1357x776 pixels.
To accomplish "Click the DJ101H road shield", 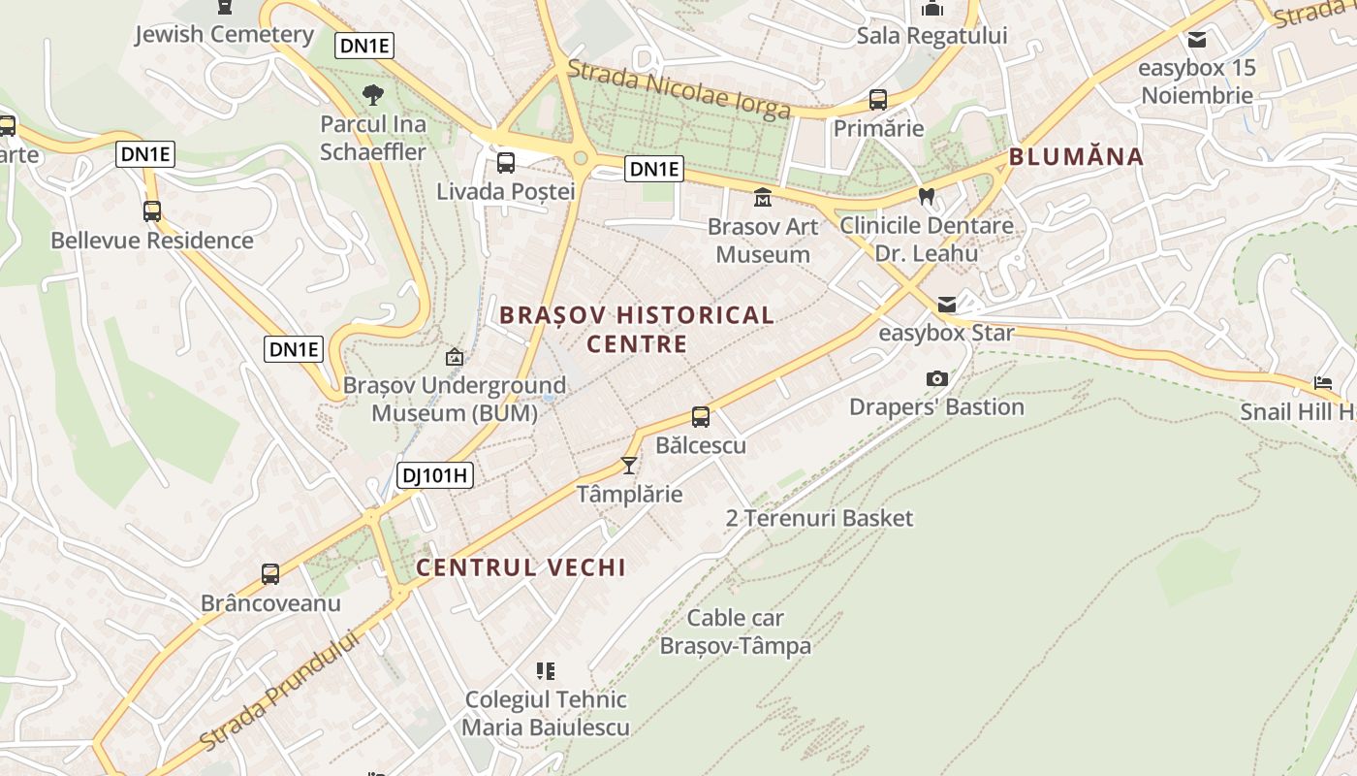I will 434,475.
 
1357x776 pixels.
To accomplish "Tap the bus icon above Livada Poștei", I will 505,163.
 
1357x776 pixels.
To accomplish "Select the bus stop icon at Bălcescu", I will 701,418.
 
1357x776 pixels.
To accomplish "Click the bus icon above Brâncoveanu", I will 270,574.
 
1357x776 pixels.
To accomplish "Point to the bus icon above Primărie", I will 877,100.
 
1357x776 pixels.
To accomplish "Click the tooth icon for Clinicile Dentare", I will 926,197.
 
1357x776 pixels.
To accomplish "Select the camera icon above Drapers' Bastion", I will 936,379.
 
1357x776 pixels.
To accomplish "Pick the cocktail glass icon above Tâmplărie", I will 629,467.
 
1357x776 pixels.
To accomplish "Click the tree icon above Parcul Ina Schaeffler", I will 372,95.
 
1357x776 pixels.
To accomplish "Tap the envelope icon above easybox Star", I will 946,306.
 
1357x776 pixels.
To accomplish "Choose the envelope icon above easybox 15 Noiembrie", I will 1197,40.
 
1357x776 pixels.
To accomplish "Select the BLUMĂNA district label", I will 1076,157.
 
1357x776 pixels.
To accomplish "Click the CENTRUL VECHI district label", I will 521,568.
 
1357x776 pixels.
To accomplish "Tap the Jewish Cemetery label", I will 224,35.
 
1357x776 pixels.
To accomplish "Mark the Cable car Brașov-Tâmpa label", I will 736,631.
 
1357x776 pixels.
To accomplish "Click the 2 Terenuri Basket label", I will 819,518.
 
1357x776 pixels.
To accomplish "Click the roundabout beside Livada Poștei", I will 581,158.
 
